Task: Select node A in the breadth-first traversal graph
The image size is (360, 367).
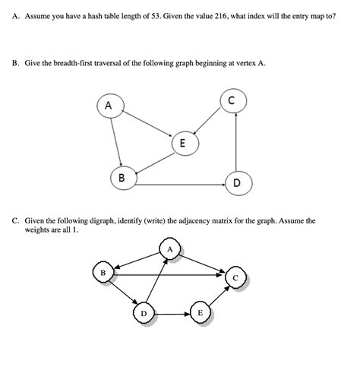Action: coord(108,106)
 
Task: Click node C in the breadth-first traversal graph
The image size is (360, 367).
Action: coord(231,100)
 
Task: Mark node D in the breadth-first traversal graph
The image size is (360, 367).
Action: coord(237,183)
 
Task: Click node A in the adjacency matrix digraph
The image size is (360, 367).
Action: coord(170,248)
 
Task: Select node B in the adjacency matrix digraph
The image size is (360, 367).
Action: coord(103,271)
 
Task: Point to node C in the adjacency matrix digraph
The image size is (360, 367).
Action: coord(236,278)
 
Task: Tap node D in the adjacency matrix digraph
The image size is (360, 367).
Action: coord(144,312)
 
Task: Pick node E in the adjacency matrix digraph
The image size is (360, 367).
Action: coord(201,312)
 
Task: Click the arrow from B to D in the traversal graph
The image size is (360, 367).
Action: coord(179,184)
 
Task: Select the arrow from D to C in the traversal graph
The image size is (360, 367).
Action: coord(237,144)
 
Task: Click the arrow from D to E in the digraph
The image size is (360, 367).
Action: coord(172,312)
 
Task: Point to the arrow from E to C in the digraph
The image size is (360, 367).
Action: coord(219,296)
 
